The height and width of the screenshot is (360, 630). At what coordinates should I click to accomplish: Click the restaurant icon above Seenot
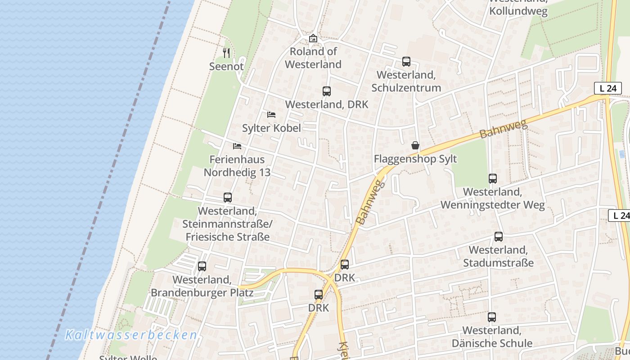click(x=226, y=53)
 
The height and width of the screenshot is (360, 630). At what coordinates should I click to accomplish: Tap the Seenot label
click(x=226, y=67)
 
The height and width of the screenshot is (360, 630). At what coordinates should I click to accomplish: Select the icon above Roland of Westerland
click(x=313, y=39)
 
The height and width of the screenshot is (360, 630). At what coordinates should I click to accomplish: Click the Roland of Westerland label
click(x=313, y=58)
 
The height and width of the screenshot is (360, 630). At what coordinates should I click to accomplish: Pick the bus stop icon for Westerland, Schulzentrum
click(x=406, y=62)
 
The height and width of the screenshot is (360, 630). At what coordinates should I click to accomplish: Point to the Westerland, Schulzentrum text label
click(x=409, y=81)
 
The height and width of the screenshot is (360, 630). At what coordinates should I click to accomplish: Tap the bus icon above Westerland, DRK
click(x=327, y=91)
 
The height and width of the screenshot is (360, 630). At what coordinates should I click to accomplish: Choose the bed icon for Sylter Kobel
click(x=271, y=115)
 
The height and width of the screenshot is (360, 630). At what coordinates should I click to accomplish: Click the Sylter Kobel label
click(x=271, y=128)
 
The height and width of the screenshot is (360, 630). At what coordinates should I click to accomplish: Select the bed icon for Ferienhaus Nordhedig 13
click(x=237, y=146)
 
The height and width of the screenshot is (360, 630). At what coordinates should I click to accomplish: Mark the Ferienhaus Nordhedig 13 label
click(x=237, y=166)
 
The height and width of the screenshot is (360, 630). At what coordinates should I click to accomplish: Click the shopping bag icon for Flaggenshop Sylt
click(x=415, y=145)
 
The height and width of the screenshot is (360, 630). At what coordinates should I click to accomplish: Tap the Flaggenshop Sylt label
click(x=415, y=159)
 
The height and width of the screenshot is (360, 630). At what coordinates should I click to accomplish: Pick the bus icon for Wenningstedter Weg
click(x=493, y=179)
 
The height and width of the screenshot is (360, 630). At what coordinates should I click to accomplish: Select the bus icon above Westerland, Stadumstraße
click(x=499, y=237)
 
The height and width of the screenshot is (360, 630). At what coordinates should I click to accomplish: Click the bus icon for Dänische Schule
click(x=492, y=317)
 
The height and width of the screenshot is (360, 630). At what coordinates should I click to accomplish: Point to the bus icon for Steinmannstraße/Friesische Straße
click(x=228, y=198)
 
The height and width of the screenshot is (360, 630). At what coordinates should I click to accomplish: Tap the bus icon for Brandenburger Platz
click(x=202, y=266)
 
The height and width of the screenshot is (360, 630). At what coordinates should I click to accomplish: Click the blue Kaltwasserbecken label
click(x=131, y=335)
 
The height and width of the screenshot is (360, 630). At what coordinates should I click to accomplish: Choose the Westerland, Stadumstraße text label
click(x=499, y=256)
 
